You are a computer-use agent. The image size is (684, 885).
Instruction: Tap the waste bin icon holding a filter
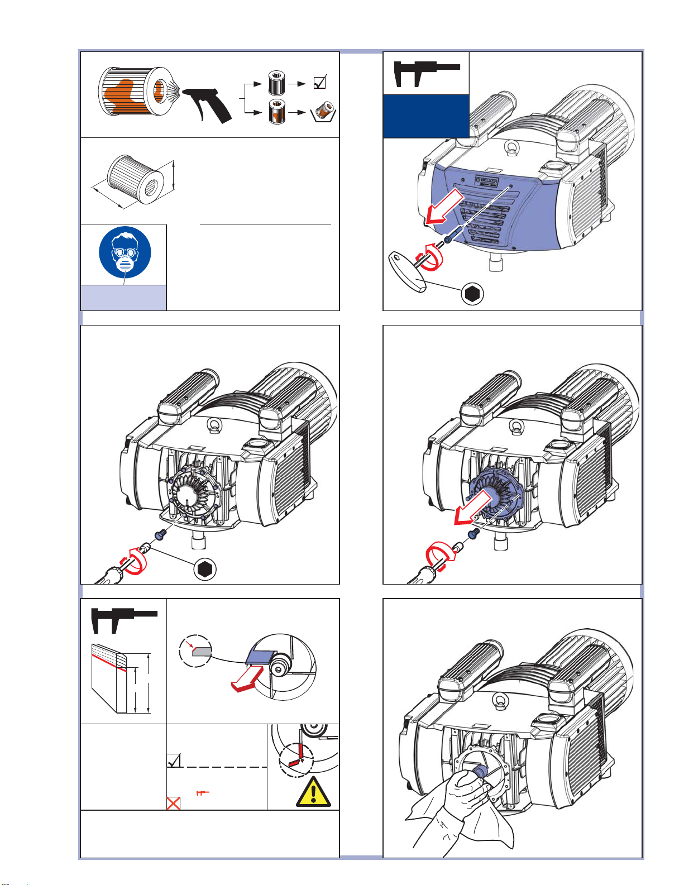point(323,112)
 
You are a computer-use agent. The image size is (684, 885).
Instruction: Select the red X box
point(174,803)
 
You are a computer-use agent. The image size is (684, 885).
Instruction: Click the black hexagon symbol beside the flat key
point(472,294)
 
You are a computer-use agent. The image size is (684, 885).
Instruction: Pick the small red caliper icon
point(202,793)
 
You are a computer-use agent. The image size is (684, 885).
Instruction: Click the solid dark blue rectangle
point(425,116)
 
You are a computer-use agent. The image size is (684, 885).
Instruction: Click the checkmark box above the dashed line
point(174,760)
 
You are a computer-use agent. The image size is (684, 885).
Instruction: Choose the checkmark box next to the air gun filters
point(319,83)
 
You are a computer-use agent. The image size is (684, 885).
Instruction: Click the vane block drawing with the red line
point(111,678)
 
